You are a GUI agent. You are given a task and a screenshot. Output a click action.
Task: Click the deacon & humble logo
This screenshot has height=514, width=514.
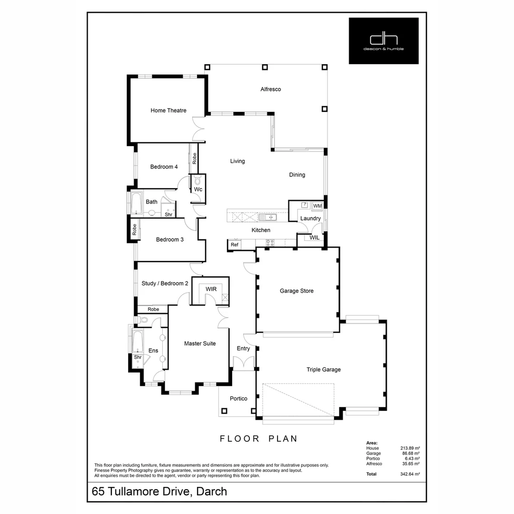pos(384,41)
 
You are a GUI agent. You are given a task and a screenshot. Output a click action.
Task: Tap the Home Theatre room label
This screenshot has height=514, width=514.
pos(168,110)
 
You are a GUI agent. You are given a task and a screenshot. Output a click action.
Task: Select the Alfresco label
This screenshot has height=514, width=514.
pos(270,89)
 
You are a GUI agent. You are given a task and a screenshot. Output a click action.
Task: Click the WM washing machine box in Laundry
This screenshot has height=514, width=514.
pos(317,206)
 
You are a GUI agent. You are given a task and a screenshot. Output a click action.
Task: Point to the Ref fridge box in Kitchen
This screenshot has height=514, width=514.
pos(234,245)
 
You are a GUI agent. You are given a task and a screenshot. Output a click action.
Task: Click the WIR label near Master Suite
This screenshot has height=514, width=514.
pos(211,289)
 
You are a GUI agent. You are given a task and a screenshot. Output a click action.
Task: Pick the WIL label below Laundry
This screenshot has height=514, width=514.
pos(315,237)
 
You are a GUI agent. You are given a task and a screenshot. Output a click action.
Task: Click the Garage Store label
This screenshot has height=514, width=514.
pos(297,291)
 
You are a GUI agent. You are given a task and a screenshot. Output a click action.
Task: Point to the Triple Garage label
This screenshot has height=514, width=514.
pos(324,369)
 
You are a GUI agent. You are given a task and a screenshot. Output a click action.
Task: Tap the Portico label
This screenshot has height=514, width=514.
pos(238,398)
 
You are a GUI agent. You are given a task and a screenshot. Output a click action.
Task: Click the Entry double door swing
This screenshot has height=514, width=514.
pos(243,363)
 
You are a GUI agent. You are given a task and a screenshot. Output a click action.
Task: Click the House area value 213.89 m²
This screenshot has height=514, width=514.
pos(410,448)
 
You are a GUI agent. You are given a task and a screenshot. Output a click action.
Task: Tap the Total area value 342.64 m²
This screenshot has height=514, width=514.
pos(410,474)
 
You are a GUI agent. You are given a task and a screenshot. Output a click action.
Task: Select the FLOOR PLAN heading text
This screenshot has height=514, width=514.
pos(258,438)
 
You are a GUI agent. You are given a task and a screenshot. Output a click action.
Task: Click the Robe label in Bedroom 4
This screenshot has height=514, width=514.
pos(194,158)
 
